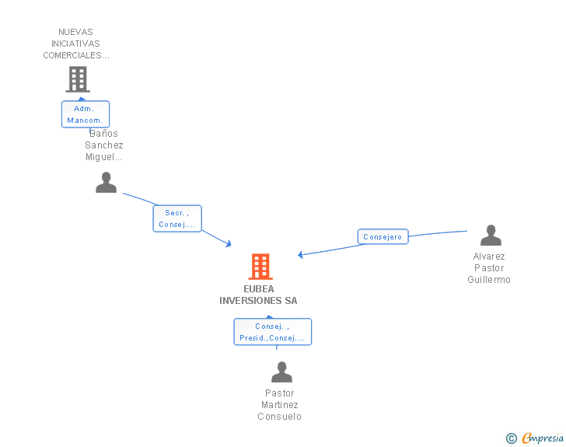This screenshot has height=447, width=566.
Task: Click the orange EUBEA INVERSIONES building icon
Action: [260, 267]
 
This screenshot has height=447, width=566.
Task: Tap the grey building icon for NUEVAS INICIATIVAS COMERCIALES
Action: [77, 79]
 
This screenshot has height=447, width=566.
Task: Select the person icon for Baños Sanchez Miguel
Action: [106, 183]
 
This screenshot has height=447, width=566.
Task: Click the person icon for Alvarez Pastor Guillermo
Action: [491, 235]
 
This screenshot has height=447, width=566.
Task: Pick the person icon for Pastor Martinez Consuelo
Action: [281, 372]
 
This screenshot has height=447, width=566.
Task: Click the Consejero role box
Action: [383, 236]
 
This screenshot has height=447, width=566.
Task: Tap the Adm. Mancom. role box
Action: [86, 114]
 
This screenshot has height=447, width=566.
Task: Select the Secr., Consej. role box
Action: [177, 218]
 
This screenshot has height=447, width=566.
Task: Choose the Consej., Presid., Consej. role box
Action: [272, 332]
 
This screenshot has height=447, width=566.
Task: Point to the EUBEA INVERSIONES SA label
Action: [258, 295]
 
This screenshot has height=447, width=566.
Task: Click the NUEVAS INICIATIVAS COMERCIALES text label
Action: [76, 44]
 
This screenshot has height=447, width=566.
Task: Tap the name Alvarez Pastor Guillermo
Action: [489, 268]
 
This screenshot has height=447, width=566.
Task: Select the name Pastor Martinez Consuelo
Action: [280, 405]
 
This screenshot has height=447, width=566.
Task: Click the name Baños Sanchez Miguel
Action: [104, 145]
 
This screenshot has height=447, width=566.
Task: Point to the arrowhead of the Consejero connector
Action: [300, 254]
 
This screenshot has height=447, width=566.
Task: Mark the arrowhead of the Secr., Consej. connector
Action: [229, 245]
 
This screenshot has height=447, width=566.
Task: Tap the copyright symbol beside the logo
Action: [511, 438]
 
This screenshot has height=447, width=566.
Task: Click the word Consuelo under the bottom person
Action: [280, 417]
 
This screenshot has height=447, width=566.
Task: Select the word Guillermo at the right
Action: [489, 280]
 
